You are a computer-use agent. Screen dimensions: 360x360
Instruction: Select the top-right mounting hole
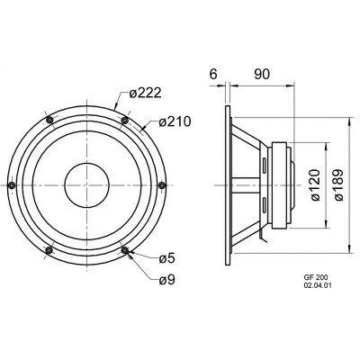pyautogui.click(x=125, y=121)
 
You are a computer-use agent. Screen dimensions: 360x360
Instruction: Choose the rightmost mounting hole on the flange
pyautogui.click(x=163, y=185)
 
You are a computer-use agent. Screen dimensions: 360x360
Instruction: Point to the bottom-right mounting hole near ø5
pyautogui.click(x=125, y=250)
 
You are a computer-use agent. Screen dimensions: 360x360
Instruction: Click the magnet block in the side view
pyautogui.click(x=281, y=185)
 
